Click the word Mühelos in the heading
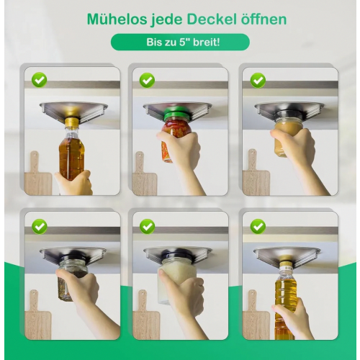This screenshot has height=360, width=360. (117, 19)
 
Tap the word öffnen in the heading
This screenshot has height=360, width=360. (264, 19)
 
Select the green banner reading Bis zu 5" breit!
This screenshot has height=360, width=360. (180, 42)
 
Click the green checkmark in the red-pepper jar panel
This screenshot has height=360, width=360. (147, 80)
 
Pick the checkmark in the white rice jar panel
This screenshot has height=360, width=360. (147, 226)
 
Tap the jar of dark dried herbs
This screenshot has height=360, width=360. (70, 279)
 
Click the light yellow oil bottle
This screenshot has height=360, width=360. (286, 302)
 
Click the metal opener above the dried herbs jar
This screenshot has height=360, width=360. (73, 254)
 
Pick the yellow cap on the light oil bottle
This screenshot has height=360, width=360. (287, 265)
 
